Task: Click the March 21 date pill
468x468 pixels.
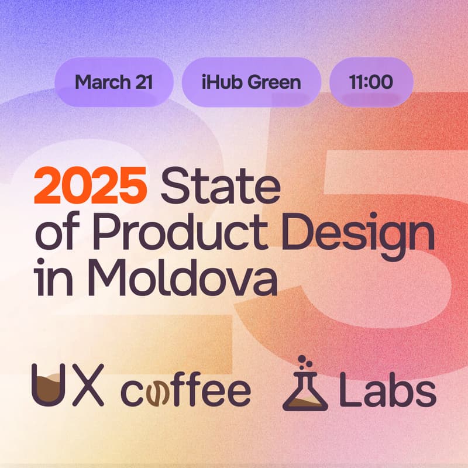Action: click(113, 81)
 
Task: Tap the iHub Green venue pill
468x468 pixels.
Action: click(251, 81)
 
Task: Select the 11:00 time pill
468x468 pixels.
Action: click(371, 81)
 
